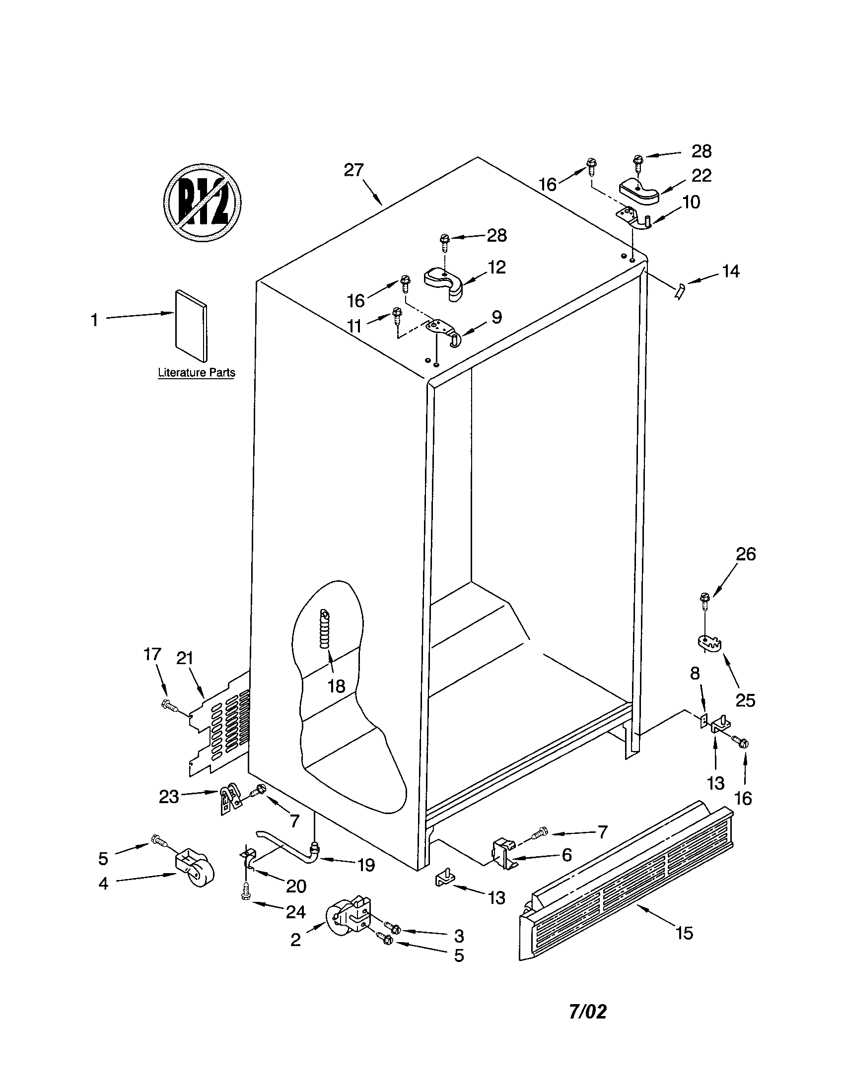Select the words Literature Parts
coord(196,372)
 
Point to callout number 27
coord(353,170)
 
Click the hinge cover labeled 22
coord(639,192)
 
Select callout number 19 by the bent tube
coord(366,865)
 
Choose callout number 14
coord(730,272)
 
